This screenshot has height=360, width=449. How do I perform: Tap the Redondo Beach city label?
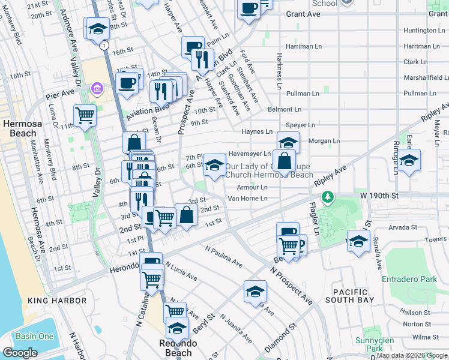[178, 348]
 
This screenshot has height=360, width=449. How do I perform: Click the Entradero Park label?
[409, 279]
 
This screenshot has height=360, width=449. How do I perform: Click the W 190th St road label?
[379, 196]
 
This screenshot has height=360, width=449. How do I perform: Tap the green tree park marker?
[327, 197]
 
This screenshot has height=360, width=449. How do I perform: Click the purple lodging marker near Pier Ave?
[95, 89]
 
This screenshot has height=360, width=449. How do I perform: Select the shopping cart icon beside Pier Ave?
[85, 114]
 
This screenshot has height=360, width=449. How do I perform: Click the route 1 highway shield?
[105, 46]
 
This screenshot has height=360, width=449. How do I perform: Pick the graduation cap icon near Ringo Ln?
[409, 161]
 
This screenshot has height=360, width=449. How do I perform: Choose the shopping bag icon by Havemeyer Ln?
[286, 160]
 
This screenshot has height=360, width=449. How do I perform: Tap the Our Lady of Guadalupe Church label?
[269, 170]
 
